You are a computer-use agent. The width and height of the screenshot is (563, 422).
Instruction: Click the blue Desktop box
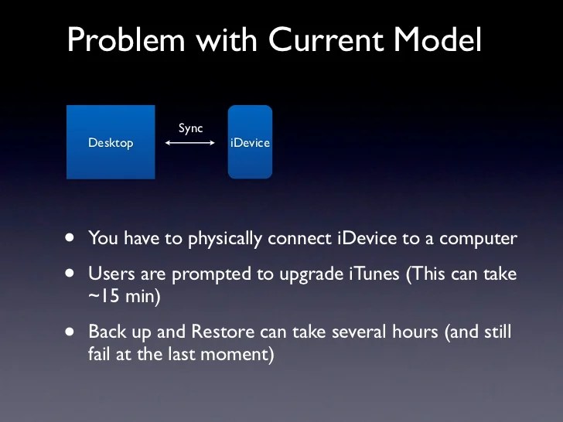(x=111, y=142)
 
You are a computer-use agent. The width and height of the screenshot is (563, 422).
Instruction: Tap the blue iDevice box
(x=250, y=142)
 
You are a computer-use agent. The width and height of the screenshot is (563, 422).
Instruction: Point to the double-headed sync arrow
(x=190, y=143)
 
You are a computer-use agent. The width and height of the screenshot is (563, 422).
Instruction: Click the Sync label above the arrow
(x=190, y=128)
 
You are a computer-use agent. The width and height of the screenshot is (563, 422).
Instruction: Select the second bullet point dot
(x=71, y=274)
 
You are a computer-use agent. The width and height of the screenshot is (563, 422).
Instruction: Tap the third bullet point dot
(x=71, y=332)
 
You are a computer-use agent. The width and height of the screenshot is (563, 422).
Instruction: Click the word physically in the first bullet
(x=224, y=239)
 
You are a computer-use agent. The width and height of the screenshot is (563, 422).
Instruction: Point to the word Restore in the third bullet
(x=220, y=332)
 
